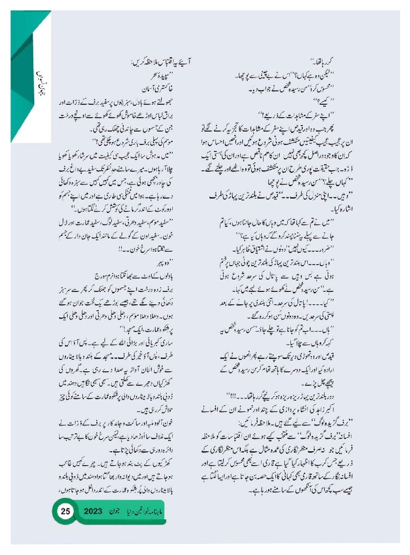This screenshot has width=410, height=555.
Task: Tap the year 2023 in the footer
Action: (x=97, y=510)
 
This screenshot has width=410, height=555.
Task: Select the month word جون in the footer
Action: (x=125, y=510)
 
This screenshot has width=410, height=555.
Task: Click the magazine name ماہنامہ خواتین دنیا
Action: (x=161, y=510)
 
